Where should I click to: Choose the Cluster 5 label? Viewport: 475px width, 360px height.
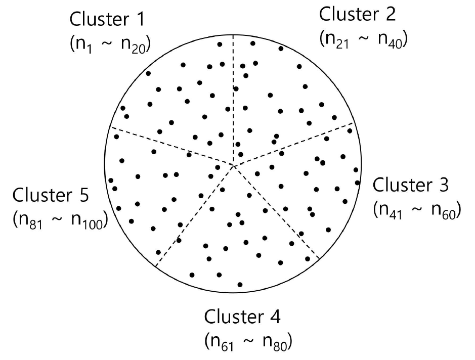click(51, 195)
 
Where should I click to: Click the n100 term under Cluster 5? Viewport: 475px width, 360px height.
click(85, 220)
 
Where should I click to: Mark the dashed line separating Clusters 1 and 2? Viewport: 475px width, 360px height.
click(233, 101)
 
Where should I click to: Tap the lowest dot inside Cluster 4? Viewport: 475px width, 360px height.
click(240, 285)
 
